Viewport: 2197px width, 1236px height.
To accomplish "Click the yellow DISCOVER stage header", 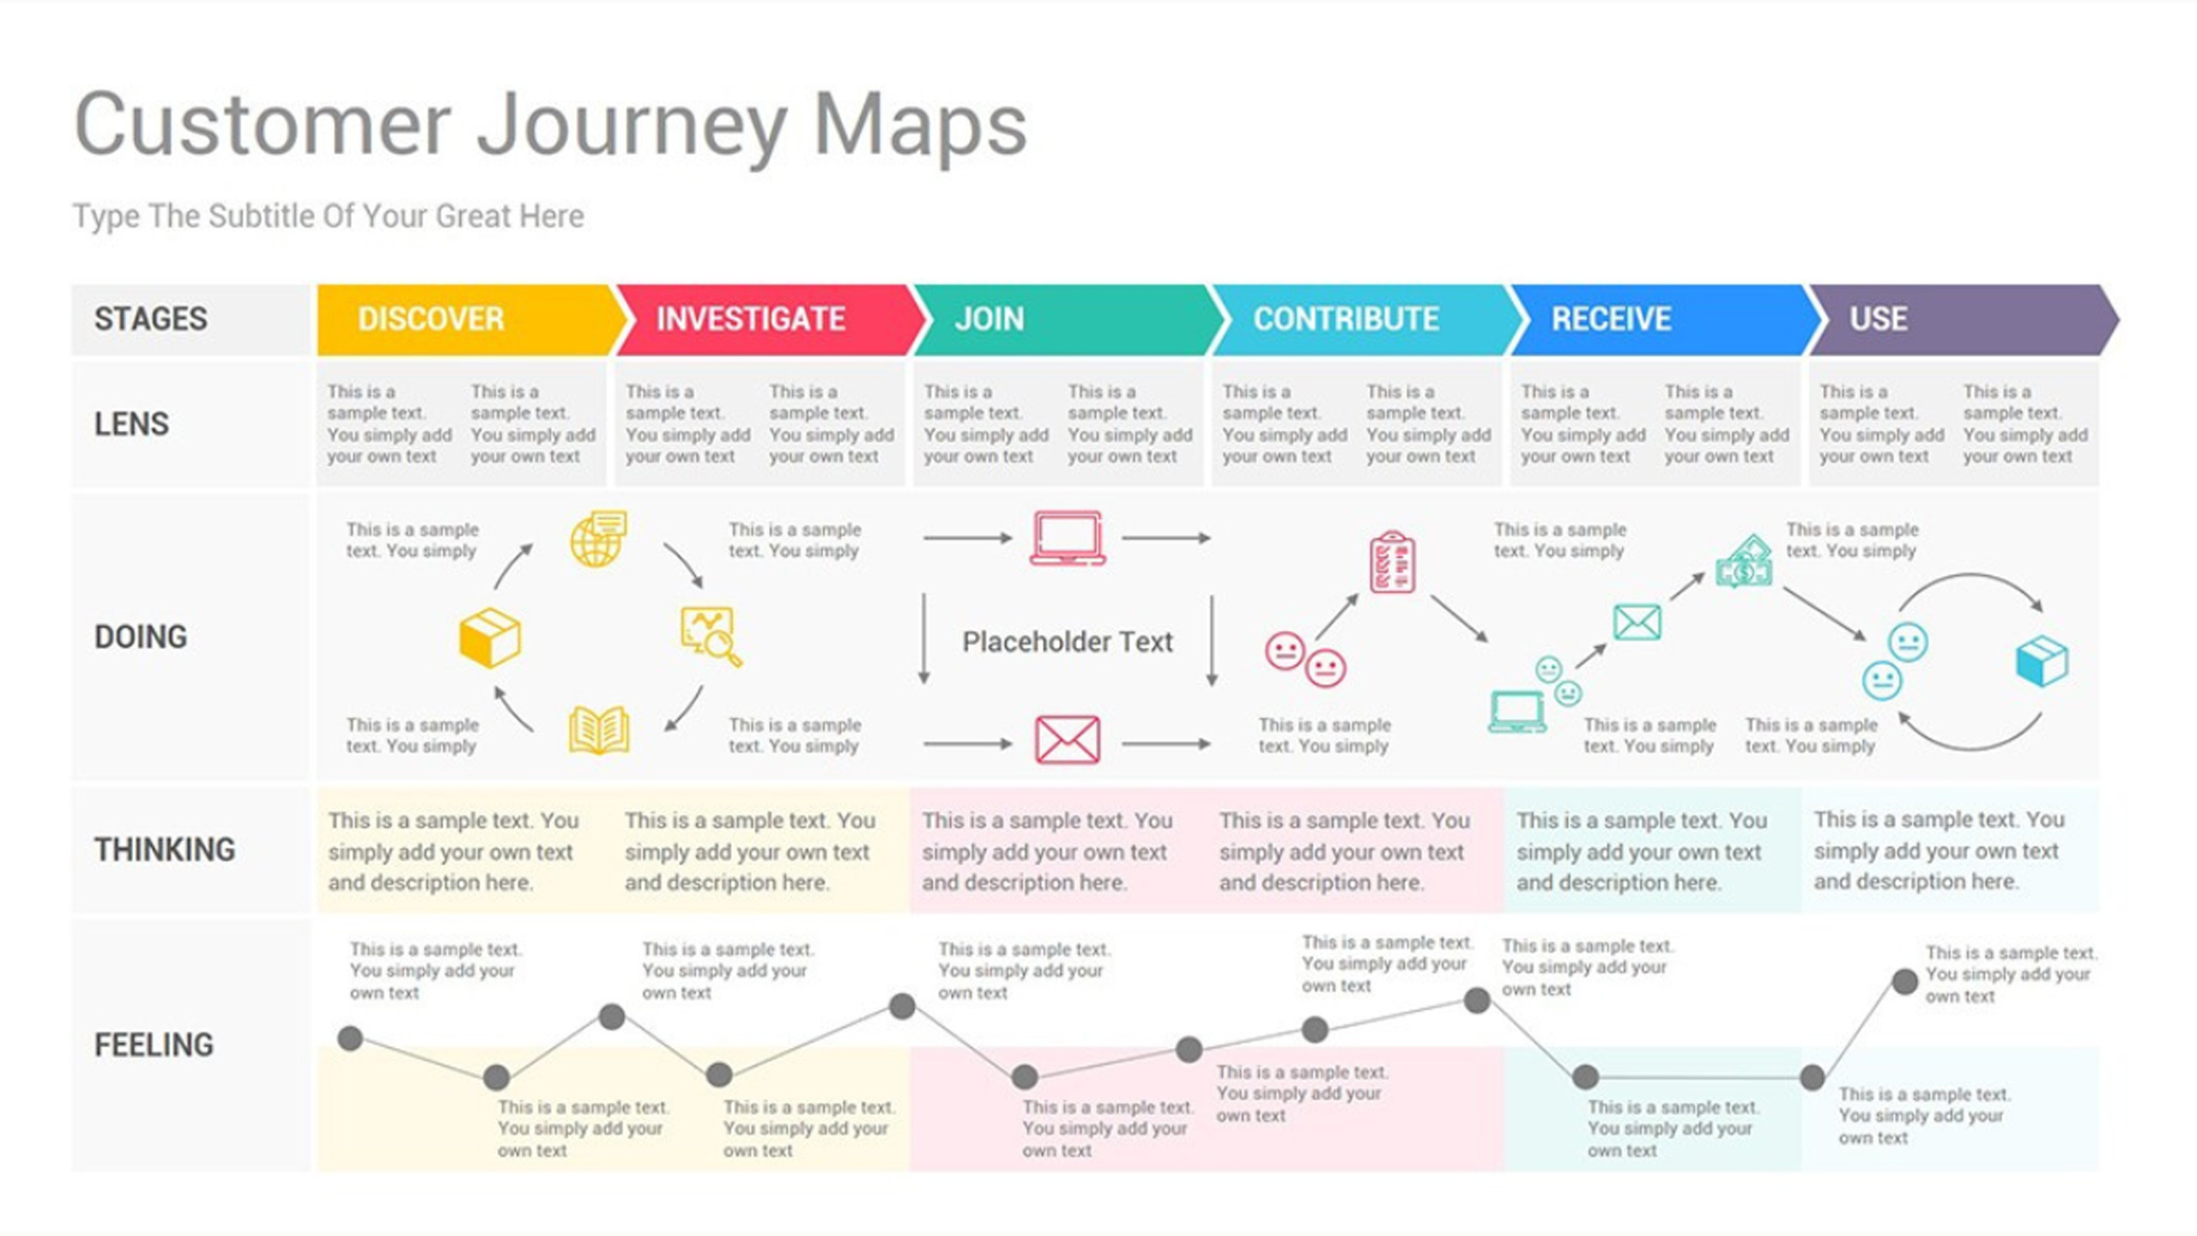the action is click(x=468, y=319).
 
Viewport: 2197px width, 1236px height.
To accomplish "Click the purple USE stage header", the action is click(x=1962, y=319).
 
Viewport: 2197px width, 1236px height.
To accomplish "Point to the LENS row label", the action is click(x=131, y=424).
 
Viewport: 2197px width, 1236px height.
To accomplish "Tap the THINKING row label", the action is click(x=165, y=850).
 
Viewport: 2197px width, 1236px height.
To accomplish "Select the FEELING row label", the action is click(x=154, y=1045).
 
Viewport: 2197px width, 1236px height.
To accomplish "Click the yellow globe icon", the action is click(x=598, y=539).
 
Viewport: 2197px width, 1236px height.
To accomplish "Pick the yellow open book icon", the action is click(x=599, y=730).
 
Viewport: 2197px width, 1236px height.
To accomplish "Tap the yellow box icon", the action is click(x=490, y=638).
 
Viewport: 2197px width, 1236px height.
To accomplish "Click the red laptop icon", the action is click(x=1068, y=538).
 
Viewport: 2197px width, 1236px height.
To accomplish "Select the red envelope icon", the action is click(x=1068, y=739).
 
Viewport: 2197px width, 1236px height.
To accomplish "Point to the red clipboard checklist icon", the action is click(x=1392, y=562).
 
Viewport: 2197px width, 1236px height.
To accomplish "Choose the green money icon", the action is click(x=1744, y=561).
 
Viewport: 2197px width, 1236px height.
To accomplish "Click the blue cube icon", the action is click(x=2042, y=661).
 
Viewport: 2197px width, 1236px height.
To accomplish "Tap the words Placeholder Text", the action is click(x=1067, y=641).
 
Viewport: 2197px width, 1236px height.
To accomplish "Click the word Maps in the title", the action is click(x=919, y=126).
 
